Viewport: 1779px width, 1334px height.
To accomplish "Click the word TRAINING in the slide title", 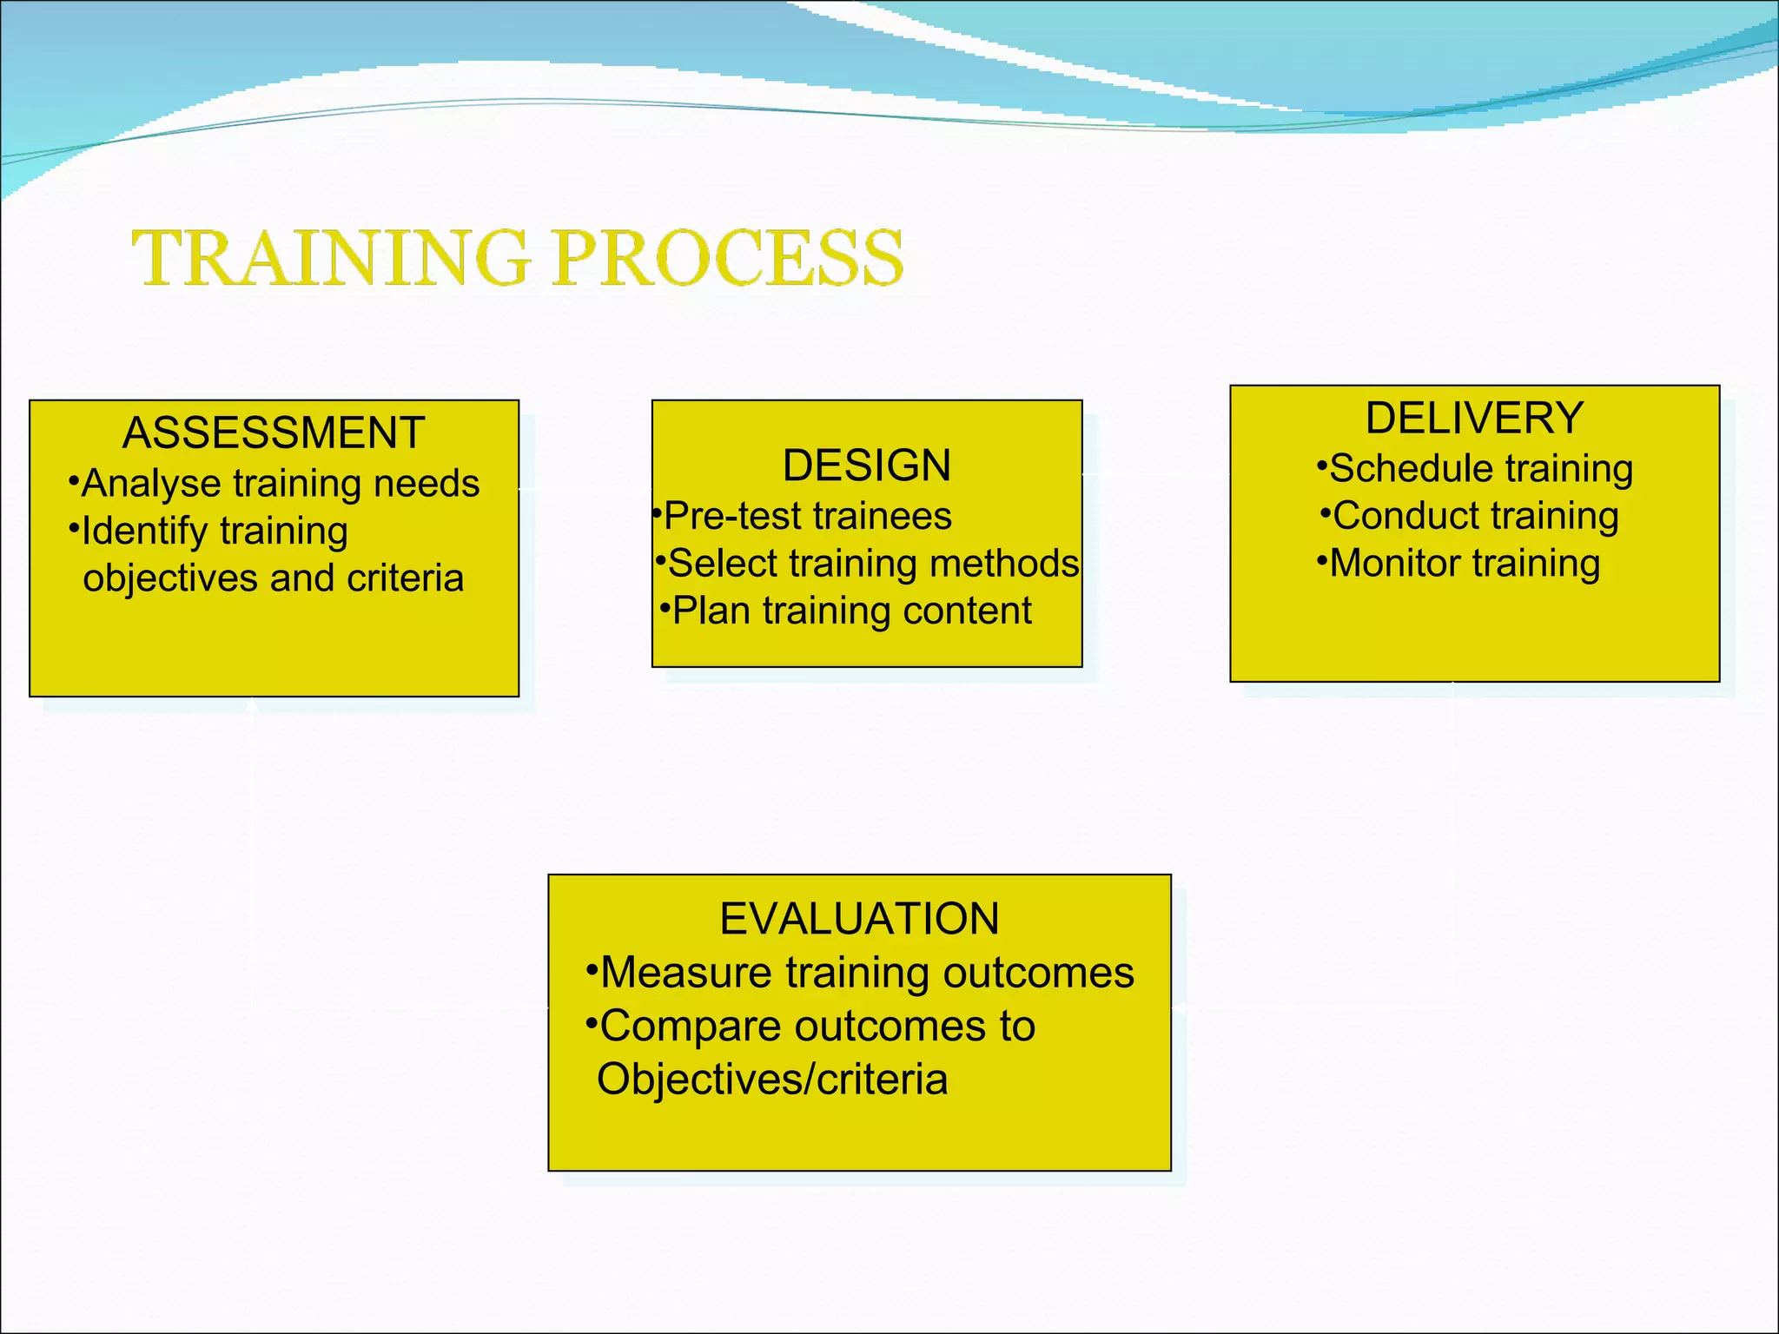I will click(x=330, y=258).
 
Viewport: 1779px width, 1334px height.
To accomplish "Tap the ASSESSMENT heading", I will click(x=274, y=433).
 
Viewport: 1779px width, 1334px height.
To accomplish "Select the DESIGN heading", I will click(x=866, y=466).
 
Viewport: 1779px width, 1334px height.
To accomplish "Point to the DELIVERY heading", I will click(x=1474, y=418).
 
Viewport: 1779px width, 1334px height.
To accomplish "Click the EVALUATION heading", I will click(x=859, y=919).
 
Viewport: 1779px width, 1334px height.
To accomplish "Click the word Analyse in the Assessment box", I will click(x=151, y=485).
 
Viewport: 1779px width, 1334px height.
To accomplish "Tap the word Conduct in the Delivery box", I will click(x=1399, y=516).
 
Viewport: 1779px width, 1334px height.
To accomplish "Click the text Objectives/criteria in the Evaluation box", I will click(x=771, y=1080).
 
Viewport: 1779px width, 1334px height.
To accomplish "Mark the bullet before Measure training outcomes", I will click(x=592, y=967).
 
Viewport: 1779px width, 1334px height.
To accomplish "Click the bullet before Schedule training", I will click(x=1322, y=465).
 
